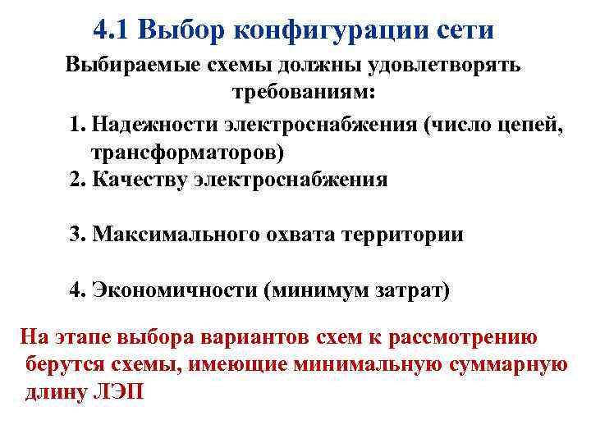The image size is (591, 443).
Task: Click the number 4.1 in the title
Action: click(x=112, y=30)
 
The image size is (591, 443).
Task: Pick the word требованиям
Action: click(x=303, y=93)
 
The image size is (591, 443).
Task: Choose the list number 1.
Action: click(x=77, y=125)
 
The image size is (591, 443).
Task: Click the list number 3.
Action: click(x=77, y=235)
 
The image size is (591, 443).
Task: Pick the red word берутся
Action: click(x=62, y=363)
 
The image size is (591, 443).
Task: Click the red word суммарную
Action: click(x=511, y=363)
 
